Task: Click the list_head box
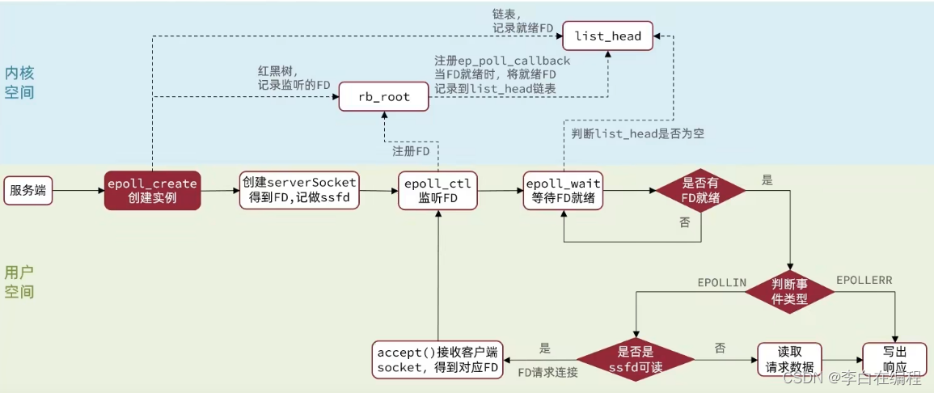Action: tap(608, 36)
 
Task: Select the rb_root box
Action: tap(384, 96)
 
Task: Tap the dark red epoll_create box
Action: tap(152, 191)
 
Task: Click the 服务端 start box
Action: tap(29, 191)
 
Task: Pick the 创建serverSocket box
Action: tap(298, 191)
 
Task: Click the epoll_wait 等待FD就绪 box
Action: tap(562, 191)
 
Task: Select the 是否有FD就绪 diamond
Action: tap(700, 191)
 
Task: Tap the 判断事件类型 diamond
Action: tap(791, 290)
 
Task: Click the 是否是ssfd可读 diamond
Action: tap(635, 358)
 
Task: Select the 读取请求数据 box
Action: tap(788, 358)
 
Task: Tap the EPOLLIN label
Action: tap(721, 282)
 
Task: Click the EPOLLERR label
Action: tap(864, 279)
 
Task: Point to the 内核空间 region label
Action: tap(19, 82)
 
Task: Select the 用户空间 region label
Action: tap(19, 281)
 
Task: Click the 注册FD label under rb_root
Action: tap(411, 150)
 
